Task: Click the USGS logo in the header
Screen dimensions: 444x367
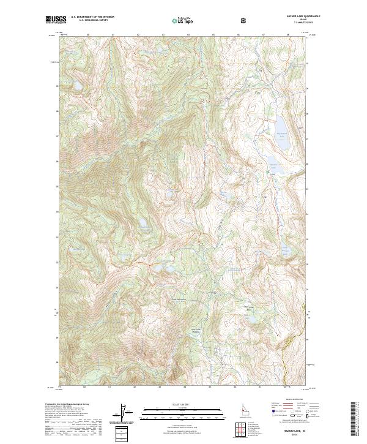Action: (x=55, y=20)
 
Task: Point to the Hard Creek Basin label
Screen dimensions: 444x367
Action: (x=248, y=307)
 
